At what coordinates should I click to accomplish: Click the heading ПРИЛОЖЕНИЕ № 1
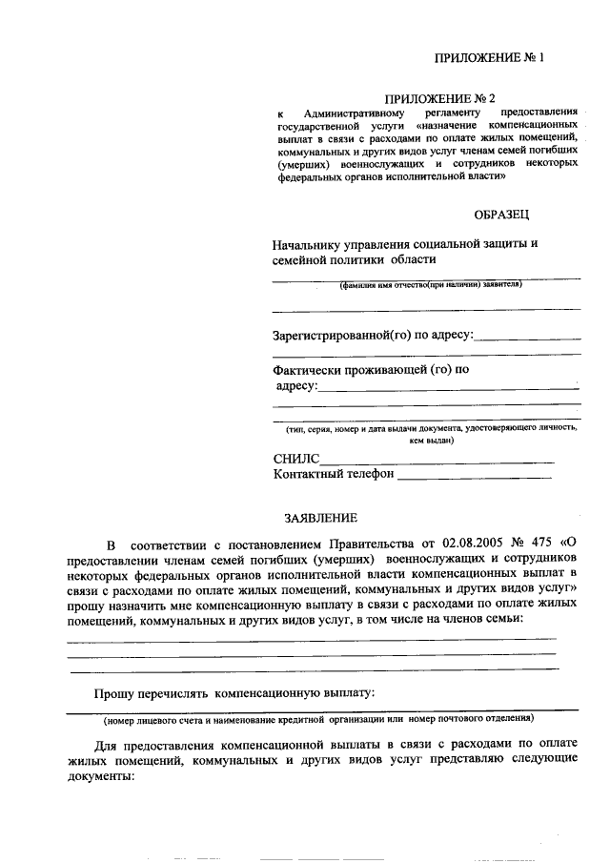488,57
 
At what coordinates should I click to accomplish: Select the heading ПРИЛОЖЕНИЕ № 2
439,97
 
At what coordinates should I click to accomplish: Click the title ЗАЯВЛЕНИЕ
321,518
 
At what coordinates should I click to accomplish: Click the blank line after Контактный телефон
475,474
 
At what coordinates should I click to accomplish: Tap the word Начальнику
310,244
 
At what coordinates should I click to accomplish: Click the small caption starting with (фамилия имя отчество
432,285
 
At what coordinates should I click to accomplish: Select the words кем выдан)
432,442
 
